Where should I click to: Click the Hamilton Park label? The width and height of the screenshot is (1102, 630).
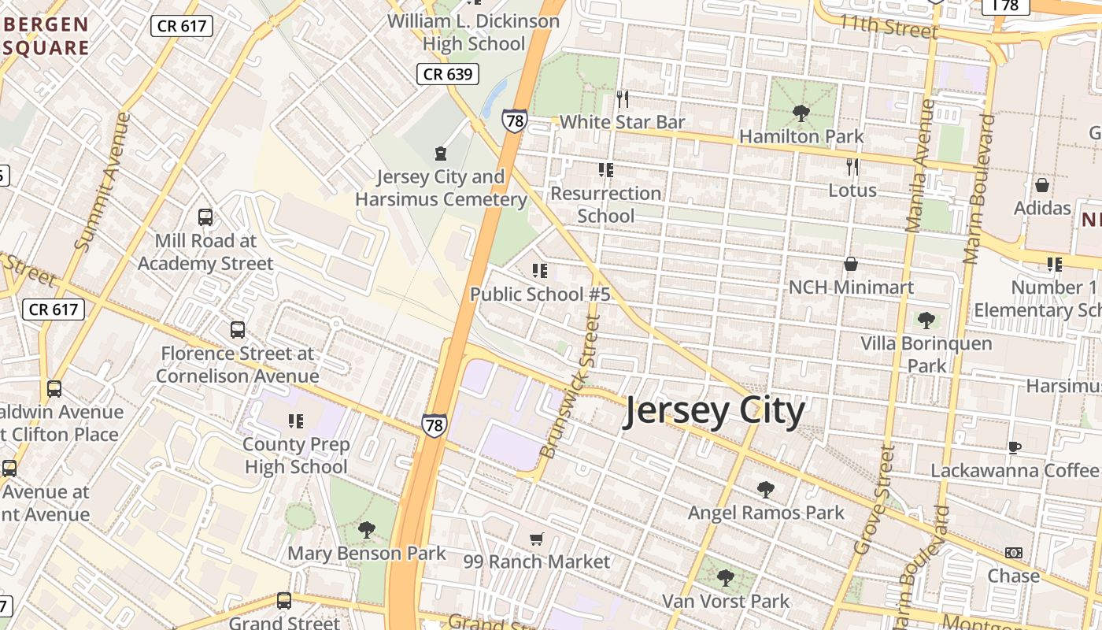tap(801, 136)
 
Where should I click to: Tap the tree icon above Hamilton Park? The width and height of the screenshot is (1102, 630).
tap(801, 113)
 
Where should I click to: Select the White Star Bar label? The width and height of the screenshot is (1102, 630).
tap(622, 122)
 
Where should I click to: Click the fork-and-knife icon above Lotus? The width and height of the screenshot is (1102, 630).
tap(852, 167)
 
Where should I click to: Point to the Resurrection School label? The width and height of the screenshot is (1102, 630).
tap(605, 204)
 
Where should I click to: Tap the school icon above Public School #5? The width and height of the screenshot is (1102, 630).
tap(539, 272)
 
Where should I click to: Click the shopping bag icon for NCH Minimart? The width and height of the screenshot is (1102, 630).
tap(851, 265)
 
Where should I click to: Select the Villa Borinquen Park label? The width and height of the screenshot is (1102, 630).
tap(926, 354)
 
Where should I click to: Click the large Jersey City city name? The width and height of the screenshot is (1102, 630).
tap(715, 411)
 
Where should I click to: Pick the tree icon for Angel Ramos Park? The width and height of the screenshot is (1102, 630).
tap(765, 490)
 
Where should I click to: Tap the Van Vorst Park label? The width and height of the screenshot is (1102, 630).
tap(725, 602)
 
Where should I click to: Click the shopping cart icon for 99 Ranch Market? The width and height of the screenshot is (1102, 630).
tap(536, 539)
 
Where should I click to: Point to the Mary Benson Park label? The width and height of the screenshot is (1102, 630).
tap(366, 554)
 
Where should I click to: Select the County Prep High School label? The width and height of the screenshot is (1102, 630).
tap(296, 456)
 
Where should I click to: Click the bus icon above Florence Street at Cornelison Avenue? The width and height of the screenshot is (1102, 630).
tap(238, 330)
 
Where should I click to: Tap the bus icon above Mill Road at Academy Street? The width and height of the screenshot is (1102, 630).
tap(205, 217)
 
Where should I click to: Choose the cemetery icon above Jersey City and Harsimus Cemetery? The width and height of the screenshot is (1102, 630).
tap(441, 153)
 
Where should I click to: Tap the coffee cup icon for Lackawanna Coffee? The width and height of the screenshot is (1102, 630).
tap(1015, 447)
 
